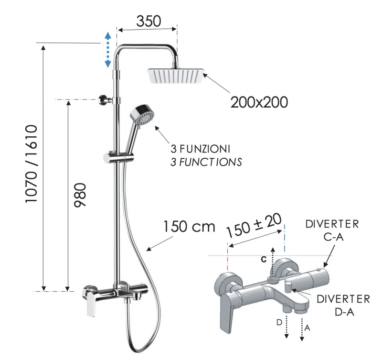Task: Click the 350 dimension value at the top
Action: pos(149,21)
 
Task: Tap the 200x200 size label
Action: pos(259,101)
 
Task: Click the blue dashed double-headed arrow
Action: pos(108,49)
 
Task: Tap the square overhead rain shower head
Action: pos(176,76)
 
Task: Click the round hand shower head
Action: pos(142,116)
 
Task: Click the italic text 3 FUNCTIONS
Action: pos(206,162)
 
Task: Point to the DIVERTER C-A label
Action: pos(332,229)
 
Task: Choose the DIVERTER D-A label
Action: pos(343,305)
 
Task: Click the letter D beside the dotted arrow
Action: pos(278,323)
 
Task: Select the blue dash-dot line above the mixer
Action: pos(285,237)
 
